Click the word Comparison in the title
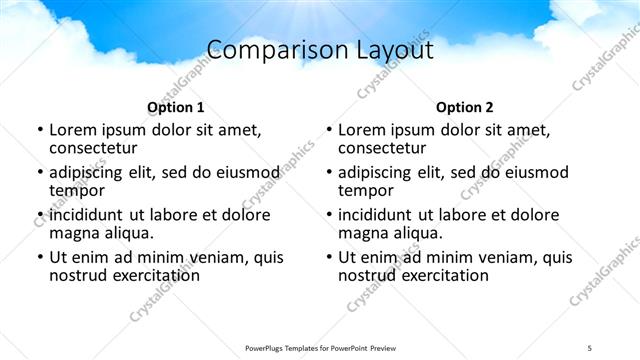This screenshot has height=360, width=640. coord(266,49)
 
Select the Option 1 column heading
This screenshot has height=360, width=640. coord(175,107)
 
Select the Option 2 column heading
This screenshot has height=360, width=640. coord(464,107)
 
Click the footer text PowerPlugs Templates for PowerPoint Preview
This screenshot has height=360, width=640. coord(319,347)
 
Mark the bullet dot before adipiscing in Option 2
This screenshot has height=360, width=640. coord(328,172)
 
